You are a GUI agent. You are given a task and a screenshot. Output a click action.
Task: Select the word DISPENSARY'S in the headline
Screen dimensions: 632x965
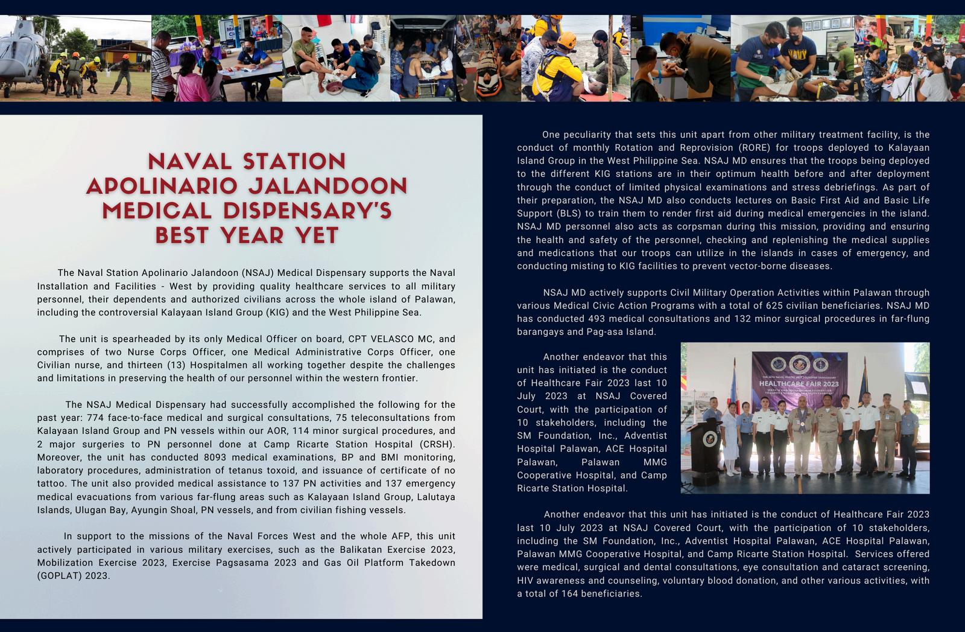308,211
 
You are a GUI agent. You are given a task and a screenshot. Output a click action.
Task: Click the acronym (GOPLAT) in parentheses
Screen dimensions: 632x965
56,576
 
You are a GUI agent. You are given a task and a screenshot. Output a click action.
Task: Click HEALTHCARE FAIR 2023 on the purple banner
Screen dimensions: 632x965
799,383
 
